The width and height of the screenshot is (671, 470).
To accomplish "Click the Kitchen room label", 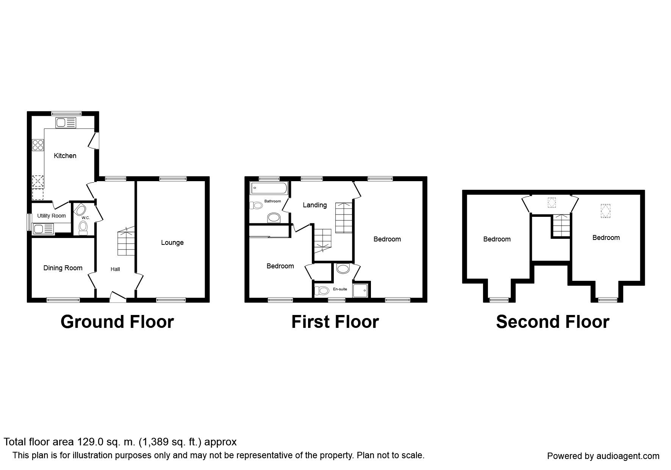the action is [65, 156].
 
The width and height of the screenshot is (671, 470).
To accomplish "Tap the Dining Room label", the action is [63, 268].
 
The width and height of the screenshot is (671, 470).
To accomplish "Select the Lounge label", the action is [172, 243].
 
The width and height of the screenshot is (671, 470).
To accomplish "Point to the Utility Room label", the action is [52, 216].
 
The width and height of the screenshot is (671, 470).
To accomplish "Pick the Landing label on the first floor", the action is [315, 205].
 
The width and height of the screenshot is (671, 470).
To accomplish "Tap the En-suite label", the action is [340, 289].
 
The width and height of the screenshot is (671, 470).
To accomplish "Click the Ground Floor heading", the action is [117, 322].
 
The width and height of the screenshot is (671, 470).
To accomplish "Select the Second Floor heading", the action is [552, 322].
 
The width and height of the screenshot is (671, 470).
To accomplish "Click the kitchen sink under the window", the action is [66, 122].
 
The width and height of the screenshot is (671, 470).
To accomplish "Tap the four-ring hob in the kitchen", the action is [38, 145].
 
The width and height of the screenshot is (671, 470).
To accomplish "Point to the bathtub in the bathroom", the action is [269, 188].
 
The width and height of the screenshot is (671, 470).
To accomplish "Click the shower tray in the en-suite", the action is [360, 290].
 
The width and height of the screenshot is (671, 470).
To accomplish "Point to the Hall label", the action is [115, 269].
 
